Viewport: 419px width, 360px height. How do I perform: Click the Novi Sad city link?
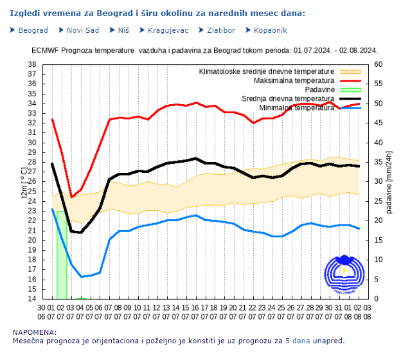83,30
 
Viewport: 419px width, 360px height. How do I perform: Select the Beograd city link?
33,30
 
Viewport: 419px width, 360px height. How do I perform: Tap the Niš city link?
123,30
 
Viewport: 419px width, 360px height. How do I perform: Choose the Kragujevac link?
168,30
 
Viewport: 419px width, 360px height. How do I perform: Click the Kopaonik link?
270,30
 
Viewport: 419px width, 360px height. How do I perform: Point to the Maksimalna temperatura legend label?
294,81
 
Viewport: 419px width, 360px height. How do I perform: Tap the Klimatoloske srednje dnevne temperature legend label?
266,71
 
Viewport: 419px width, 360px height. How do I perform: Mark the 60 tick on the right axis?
379,64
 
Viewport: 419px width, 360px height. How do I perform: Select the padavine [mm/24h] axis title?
390,182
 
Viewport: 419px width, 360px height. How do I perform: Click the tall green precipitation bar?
61,255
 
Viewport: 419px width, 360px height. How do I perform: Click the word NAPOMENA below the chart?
33,332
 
